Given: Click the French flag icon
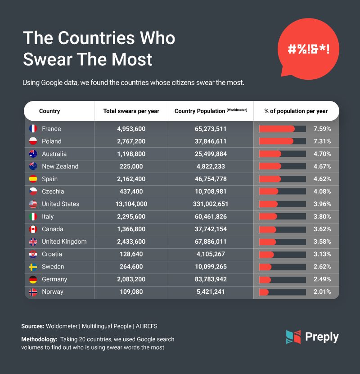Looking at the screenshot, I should [33, 129].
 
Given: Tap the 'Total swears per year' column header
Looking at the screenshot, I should [131, 111].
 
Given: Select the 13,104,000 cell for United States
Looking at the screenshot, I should [131, 204].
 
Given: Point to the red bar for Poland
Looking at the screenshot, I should [276, 141].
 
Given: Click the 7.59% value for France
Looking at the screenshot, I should [323, 129].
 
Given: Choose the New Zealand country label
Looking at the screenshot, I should [60, 166].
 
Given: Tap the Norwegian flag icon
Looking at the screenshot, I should [33, 292].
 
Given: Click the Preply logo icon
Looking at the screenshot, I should [293, 337].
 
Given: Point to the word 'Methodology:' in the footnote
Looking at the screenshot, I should [38, 339].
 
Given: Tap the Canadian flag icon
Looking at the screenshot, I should [33, 229].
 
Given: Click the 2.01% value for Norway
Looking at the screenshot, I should [323, 292].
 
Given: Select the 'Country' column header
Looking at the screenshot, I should [49, 111].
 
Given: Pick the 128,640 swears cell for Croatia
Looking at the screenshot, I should [131, 254].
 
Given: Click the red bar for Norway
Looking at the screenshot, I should [264, 292].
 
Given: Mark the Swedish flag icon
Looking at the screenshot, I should [33, 267].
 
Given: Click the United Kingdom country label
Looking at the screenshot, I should [64, 242].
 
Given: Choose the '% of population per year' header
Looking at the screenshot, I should [296, 111].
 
